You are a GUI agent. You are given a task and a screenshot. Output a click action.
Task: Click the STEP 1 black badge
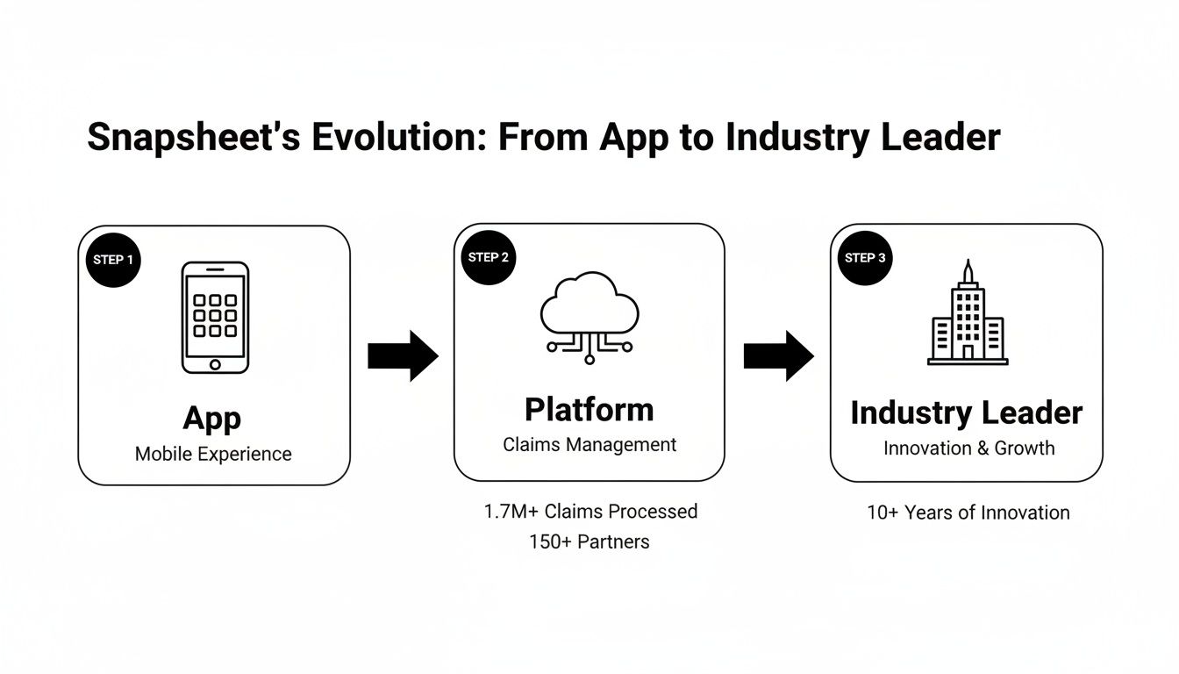click(113, 260)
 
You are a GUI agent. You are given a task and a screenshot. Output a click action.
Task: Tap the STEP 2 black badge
click(489, 257)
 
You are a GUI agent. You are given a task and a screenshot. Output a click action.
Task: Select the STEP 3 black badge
click(865, 258)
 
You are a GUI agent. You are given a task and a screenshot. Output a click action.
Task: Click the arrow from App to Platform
click(403, 355)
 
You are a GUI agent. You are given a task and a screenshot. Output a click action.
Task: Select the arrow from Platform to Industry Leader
click(779, 355)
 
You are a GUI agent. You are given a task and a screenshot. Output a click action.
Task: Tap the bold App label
click(213, 418)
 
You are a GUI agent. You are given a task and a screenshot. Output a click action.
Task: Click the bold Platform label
click(589, 410)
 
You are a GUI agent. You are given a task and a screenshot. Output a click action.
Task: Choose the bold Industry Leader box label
click(967, 413)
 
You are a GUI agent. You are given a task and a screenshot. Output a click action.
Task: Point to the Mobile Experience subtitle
click(213, 455)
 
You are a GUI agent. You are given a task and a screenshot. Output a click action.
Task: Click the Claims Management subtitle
click(589, 445)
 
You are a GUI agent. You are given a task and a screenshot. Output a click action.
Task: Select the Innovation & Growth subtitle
click(968, 448)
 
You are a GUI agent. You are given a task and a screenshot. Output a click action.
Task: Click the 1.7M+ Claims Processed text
click(590, 512)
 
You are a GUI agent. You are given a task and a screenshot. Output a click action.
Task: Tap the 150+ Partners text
click(589, 542)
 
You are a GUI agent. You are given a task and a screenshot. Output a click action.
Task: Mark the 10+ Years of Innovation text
click(968, 513)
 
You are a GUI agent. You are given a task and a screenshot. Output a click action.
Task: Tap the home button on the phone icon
click(215, 362)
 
